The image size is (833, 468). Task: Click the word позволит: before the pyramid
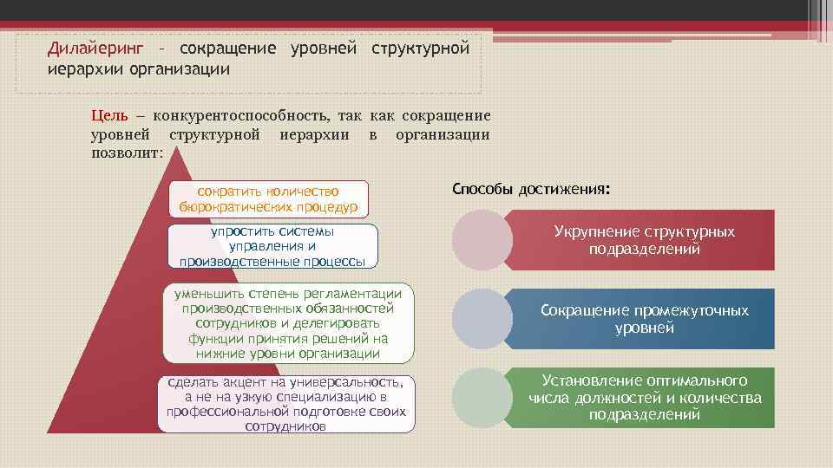(127, 153)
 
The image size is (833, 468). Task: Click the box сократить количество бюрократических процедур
(269, 198)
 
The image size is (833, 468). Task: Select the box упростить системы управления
(272, 245)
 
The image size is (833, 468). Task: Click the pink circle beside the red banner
(481, 239)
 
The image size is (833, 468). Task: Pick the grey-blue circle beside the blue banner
(482, 318)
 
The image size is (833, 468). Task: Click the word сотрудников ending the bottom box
(286, 427)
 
